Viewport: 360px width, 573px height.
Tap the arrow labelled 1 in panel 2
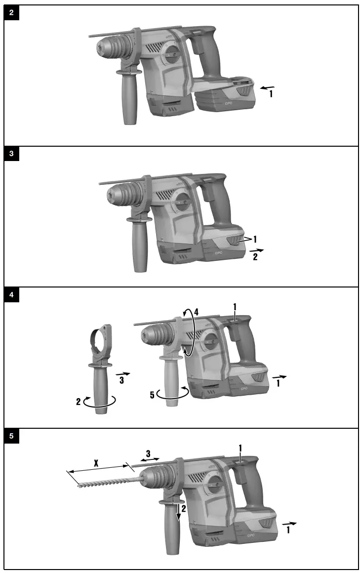267,87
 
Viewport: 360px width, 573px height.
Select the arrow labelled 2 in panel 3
257,251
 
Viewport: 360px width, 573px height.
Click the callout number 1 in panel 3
255,239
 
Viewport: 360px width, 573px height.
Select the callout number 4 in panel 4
196,312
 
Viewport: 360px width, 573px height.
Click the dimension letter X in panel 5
96,464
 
